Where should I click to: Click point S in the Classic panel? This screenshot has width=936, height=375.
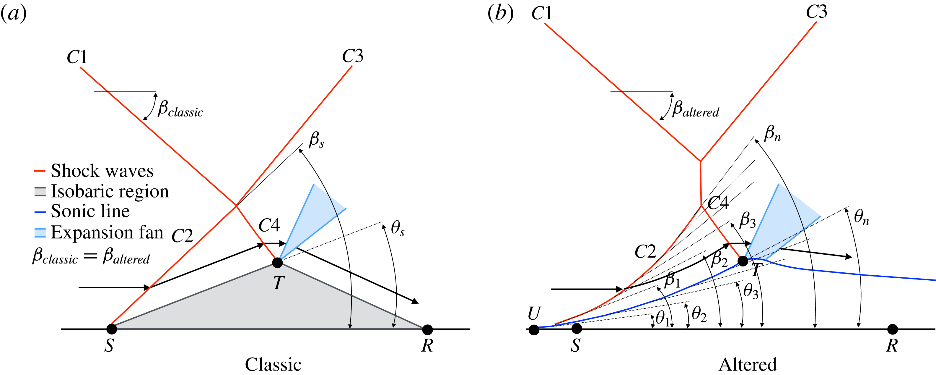click(112, 329)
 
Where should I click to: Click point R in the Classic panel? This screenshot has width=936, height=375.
click(427, 329)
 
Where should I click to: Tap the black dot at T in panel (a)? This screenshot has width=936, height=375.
click(277, 262)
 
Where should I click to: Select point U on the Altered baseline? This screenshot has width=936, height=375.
click(534, 330)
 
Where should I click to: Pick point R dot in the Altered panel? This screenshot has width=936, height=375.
click(892, 329)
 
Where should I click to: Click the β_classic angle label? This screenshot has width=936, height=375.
click(180, 109)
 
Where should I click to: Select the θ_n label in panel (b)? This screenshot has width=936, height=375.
click(862, 217)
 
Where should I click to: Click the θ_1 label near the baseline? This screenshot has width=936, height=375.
click(662, 318)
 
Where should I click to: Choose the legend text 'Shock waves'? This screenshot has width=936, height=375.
click(102, 171)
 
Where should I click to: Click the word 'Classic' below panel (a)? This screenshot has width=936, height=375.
click(273, 364)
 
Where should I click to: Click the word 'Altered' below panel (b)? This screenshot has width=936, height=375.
click(748, 364)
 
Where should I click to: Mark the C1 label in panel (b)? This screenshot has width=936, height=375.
click(541, 14)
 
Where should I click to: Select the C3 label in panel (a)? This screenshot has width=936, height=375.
click(352, 56)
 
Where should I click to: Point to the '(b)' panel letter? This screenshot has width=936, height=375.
click(500, 14)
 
